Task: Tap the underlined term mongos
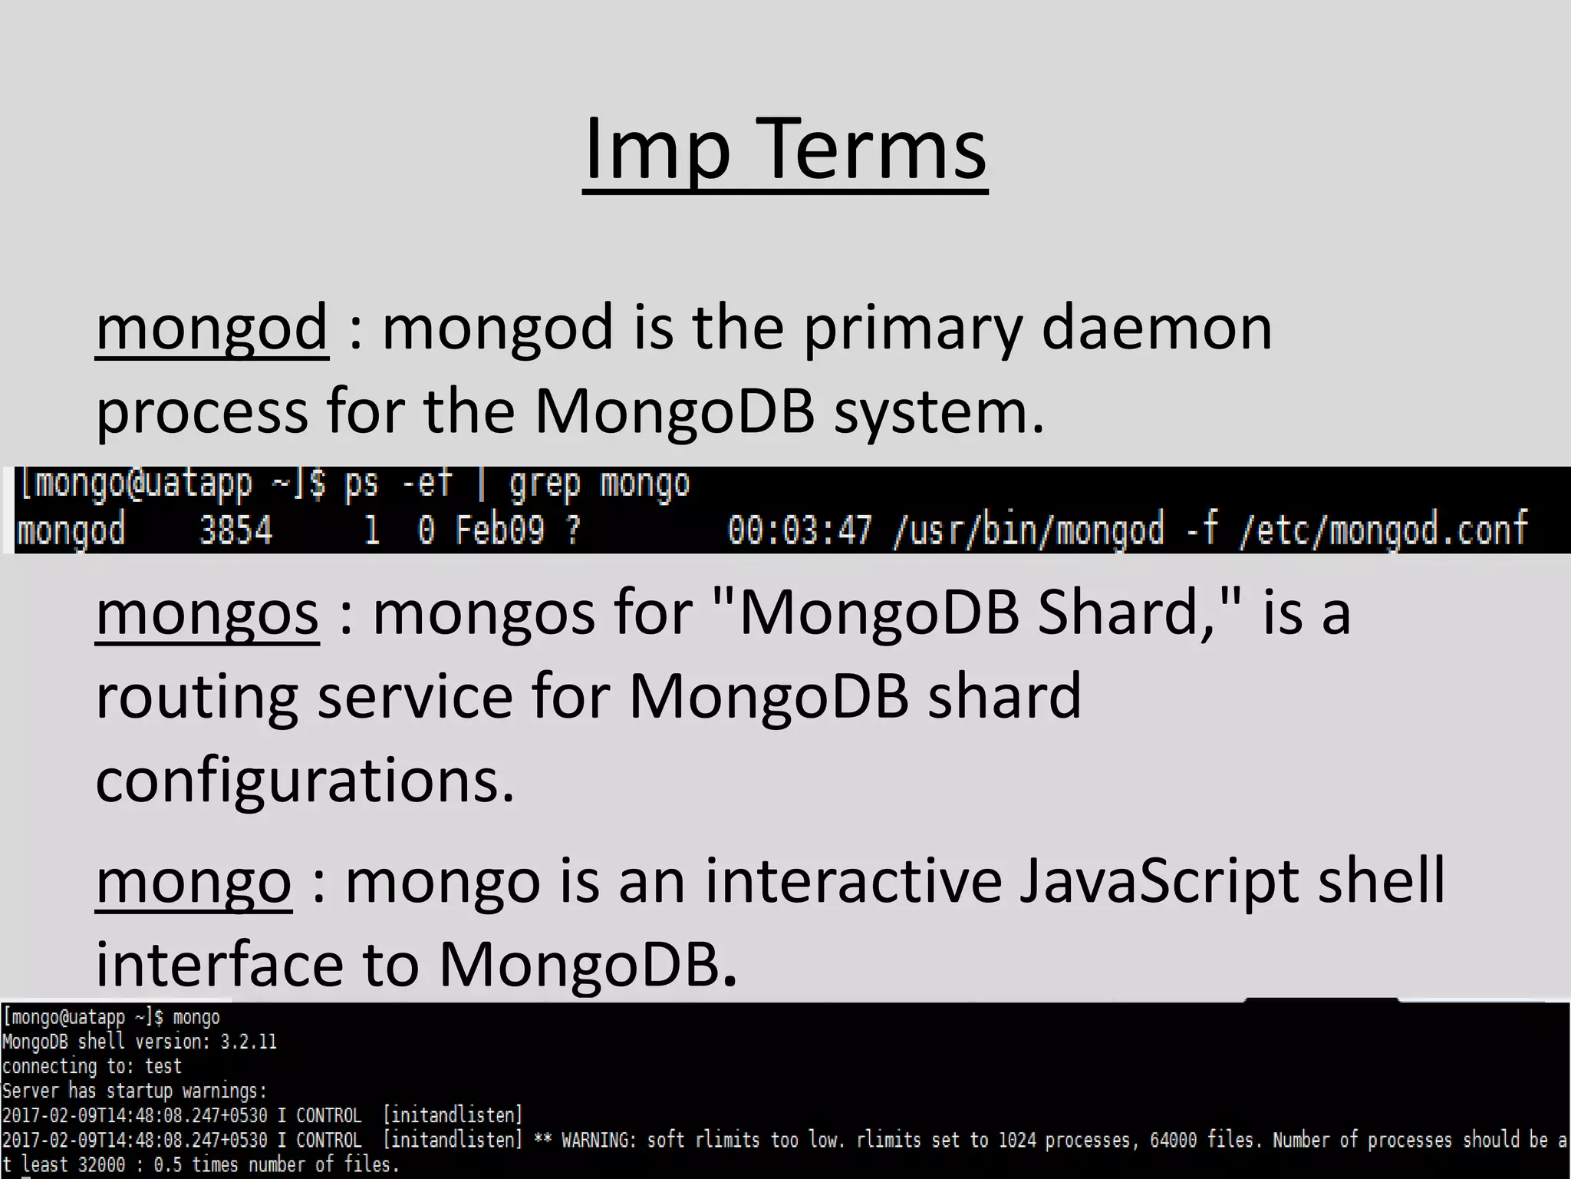207,614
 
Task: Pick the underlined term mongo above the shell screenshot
193,883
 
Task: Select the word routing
196,697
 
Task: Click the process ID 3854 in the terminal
235,530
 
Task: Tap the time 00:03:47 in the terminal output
799,530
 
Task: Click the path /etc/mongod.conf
1383,530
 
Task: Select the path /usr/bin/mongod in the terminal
1029,530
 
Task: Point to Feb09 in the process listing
499,530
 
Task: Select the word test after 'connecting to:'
163,1066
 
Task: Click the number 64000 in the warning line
1173,1140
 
